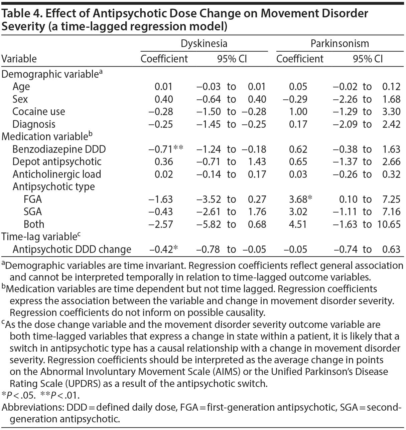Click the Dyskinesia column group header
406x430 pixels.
(x=204, y=43)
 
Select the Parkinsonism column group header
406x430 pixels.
(x=340, y=43)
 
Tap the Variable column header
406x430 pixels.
(x=19, y=59)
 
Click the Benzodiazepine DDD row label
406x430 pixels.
(x=59, y=149)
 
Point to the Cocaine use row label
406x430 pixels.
(x=39, y=112)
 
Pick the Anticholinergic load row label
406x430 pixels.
(x=57, y=174)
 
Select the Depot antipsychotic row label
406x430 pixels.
(x=57, y=162)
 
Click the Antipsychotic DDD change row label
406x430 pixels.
(x=72, y=249)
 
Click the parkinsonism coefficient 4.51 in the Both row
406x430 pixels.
(x=298, y=224)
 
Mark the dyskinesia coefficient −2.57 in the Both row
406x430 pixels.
(x=161, y=224)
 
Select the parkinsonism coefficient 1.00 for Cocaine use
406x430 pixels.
(x=298, y=112)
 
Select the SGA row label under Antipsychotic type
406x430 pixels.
(x=33, y=212)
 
